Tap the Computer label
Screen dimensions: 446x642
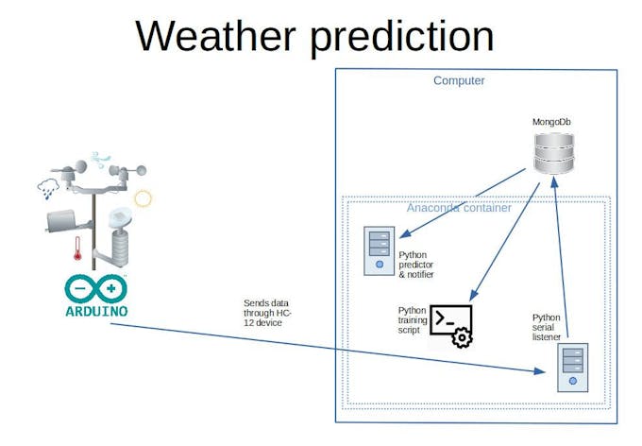[459, 80]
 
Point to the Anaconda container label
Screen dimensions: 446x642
[459, 208]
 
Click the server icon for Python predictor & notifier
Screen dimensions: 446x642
[380, 250]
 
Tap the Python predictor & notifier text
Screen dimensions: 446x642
[416, 265]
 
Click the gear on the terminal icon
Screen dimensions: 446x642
[462, 337]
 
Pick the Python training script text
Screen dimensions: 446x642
[413, 320]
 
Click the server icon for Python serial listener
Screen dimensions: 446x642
[571, 368]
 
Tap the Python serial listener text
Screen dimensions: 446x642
[547, 327]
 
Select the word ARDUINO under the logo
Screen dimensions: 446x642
[96, 310]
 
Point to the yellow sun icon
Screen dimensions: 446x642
[143, 198]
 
